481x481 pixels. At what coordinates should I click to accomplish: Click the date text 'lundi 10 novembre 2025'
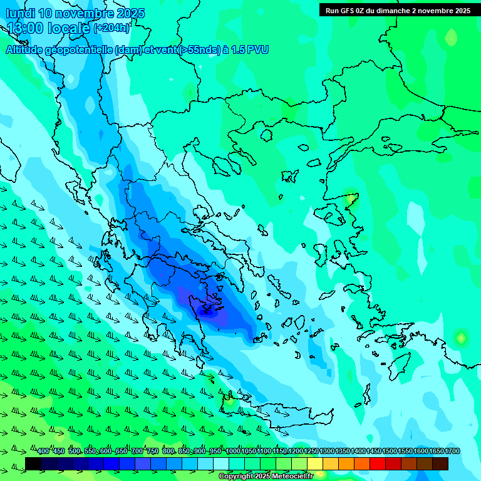coord(75,13)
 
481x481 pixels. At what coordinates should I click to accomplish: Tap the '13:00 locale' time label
coord(49,28)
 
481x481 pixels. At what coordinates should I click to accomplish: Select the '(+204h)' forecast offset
coord(112,28)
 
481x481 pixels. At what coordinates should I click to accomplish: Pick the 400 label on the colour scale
coord(43,452)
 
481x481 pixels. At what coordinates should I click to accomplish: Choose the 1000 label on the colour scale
coord(233,452)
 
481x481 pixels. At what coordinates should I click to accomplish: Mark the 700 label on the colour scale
coord(137,452)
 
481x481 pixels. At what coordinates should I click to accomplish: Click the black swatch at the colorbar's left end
coord(33,463)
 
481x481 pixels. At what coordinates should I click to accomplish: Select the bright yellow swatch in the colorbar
coord(315,463)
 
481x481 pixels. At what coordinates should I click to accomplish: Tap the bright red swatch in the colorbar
coord(378,463)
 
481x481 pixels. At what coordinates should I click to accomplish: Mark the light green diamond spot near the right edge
coord(461,338)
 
